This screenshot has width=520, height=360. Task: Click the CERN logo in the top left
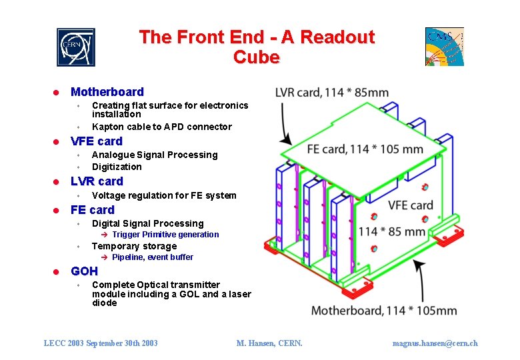pos(75,47)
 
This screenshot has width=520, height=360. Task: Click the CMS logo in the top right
pos(444,47)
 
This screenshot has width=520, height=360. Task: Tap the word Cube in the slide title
pos(256,57)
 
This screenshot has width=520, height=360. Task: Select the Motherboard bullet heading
pos(107,92)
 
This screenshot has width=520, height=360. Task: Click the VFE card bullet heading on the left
pos(97,141)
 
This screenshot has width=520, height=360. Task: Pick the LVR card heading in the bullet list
pos(97,181)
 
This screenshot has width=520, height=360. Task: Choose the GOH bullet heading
pos(84,271)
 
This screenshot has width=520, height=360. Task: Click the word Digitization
pos(117,167)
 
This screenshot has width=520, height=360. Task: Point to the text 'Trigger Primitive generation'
pos(165,235)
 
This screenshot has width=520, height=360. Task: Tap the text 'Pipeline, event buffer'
pos(153,257)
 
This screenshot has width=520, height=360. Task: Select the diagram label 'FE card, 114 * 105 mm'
pos(365,149)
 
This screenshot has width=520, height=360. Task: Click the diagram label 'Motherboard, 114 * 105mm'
pos(384,310)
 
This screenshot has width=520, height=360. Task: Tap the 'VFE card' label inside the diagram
pos(411,205)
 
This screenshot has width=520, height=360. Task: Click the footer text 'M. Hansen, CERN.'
pos(269,343)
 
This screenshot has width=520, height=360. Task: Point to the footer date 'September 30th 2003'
pos(122,343)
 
